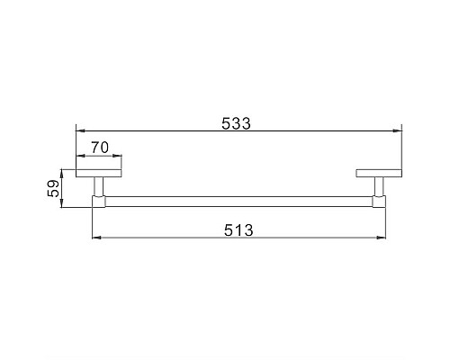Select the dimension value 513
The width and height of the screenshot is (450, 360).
(x=237, y=229)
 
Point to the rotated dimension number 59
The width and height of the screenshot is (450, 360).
(x=52, y=188)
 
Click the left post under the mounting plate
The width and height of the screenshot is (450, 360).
(x=99, y=187)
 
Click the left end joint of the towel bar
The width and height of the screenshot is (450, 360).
(x=98, y=202)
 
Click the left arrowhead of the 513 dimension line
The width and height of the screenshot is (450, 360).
(x=96, y=238)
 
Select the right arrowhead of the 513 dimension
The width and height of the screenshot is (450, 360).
(x=384, y=238)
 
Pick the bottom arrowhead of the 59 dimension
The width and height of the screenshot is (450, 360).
(x=63, y=205)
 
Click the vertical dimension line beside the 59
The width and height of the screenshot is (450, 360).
(x=63, y=189)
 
